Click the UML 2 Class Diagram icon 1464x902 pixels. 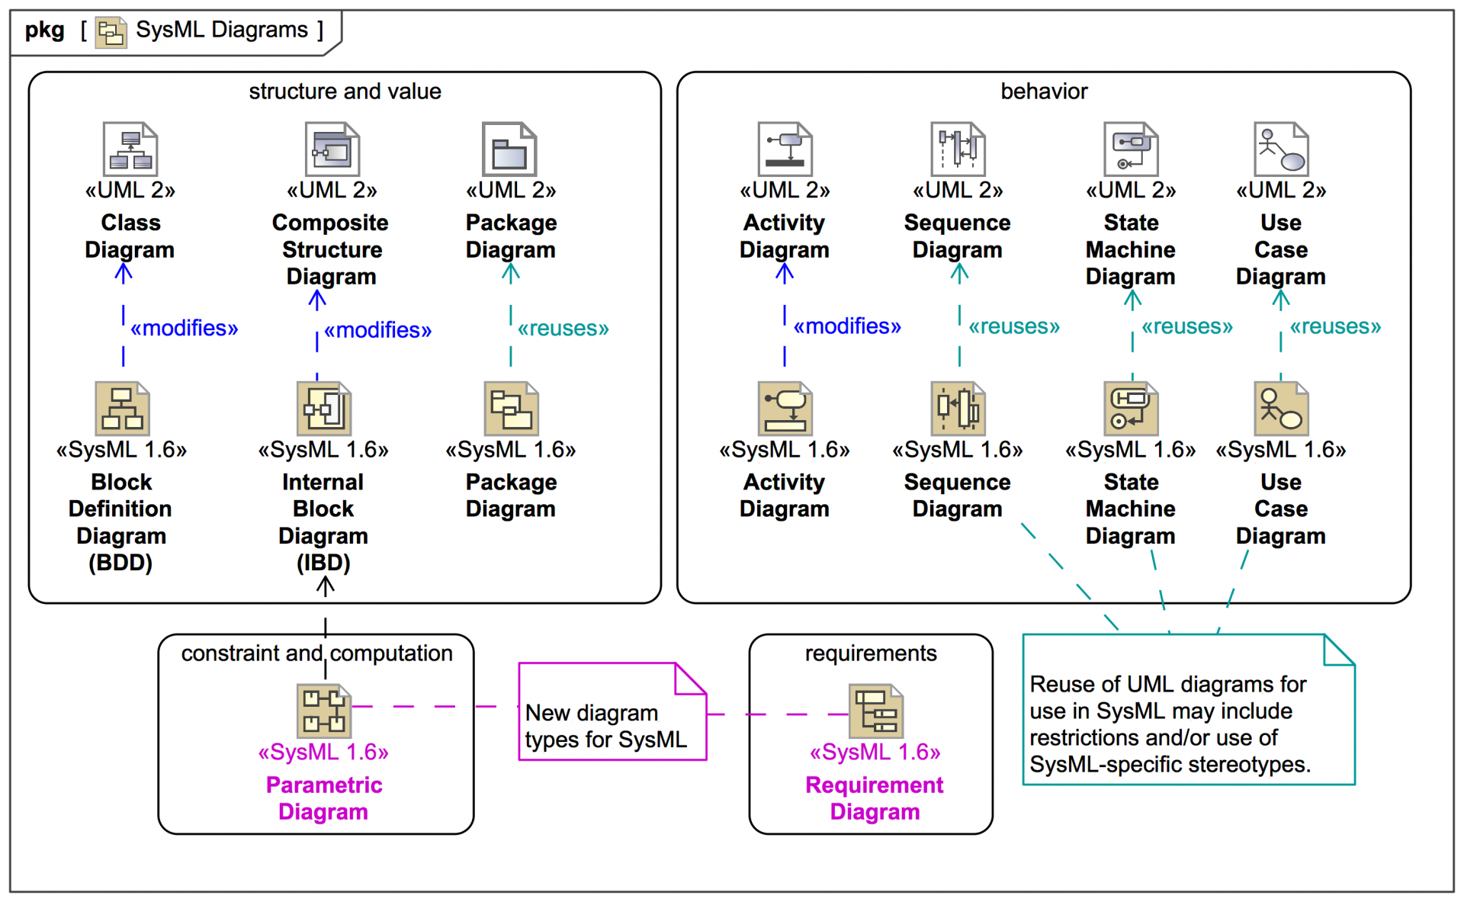[x=130, y=149]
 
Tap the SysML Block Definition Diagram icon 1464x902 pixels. [x=122, y=409]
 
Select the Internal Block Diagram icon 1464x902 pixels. [x=324, y=409]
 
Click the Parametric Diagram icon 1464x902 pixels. [x=324, y=711]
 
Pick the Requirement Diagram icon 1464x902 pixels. [x=876, y=711]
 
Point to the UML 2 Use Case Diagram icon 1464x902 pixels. [x=1281, y=149]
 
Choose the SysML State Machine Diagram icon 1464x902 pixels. [x=1131, y=409]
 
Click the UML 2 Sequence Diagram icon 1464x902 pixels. [x=958, y=149]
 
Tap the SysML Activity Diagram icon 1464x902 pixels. [x=785, y=409]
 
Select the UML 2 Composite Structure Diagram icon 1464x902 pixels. [x=332, y=149]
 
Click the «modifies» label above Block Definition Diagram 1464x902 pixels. [x=184, y=329]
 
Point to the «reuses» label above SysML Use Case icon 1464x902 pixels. [x=1335, y=327]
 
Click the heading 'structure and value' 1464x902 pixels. [x=345, y=91]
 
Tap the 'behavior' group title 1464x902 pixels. [x=1044, y=91]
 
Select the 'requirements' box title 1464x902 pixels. [x=871, y=653]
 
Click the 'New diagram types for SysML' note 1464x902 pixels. [x=606, y=725]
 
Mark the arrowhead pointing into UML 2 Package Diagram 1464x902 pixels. [x=511, y=271]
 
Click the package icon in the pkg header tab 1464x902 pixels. [x=111, y=32]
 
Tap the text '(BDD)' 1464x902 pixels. [x=120, y=563]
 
